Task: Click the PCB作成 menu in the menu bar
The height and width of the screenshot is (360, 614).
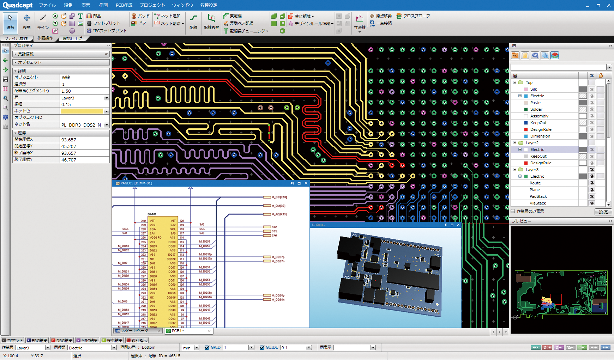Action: click(124, 5)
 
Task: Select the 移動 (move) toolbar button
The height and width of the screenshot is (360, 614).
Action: click(26, 22)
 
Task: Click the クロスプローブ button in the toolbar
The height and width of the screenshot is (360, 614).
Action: click(413, 16)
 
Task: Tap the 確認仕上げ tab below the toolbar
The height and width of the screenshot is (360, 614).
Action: click(72, 38)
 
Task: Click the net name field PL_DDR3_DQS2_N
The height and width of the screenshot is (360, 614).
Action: click(82, 125)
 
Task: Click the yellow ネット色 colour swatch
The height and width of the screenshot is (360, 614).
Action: click(82, 111)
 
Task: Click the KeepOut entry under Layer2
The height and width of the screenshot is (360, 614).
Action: click(538, 156)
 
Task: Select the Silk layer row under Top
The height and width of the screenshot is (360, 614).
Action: click(534, 89)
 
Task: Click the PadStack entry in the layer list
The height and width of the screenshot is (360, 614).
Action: click(538, 196)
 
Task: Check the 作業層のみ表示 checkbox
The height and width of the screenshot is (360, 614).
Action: click(513, 211)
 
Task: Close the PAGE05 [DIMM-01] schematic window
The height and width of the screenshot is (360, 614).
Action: click(306, 183)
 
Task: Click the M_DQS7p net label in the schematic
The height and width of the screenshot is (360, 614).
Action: click(278, 257)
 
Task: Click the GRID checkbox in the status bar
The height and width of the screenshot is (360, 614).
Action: click(207, 348)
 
